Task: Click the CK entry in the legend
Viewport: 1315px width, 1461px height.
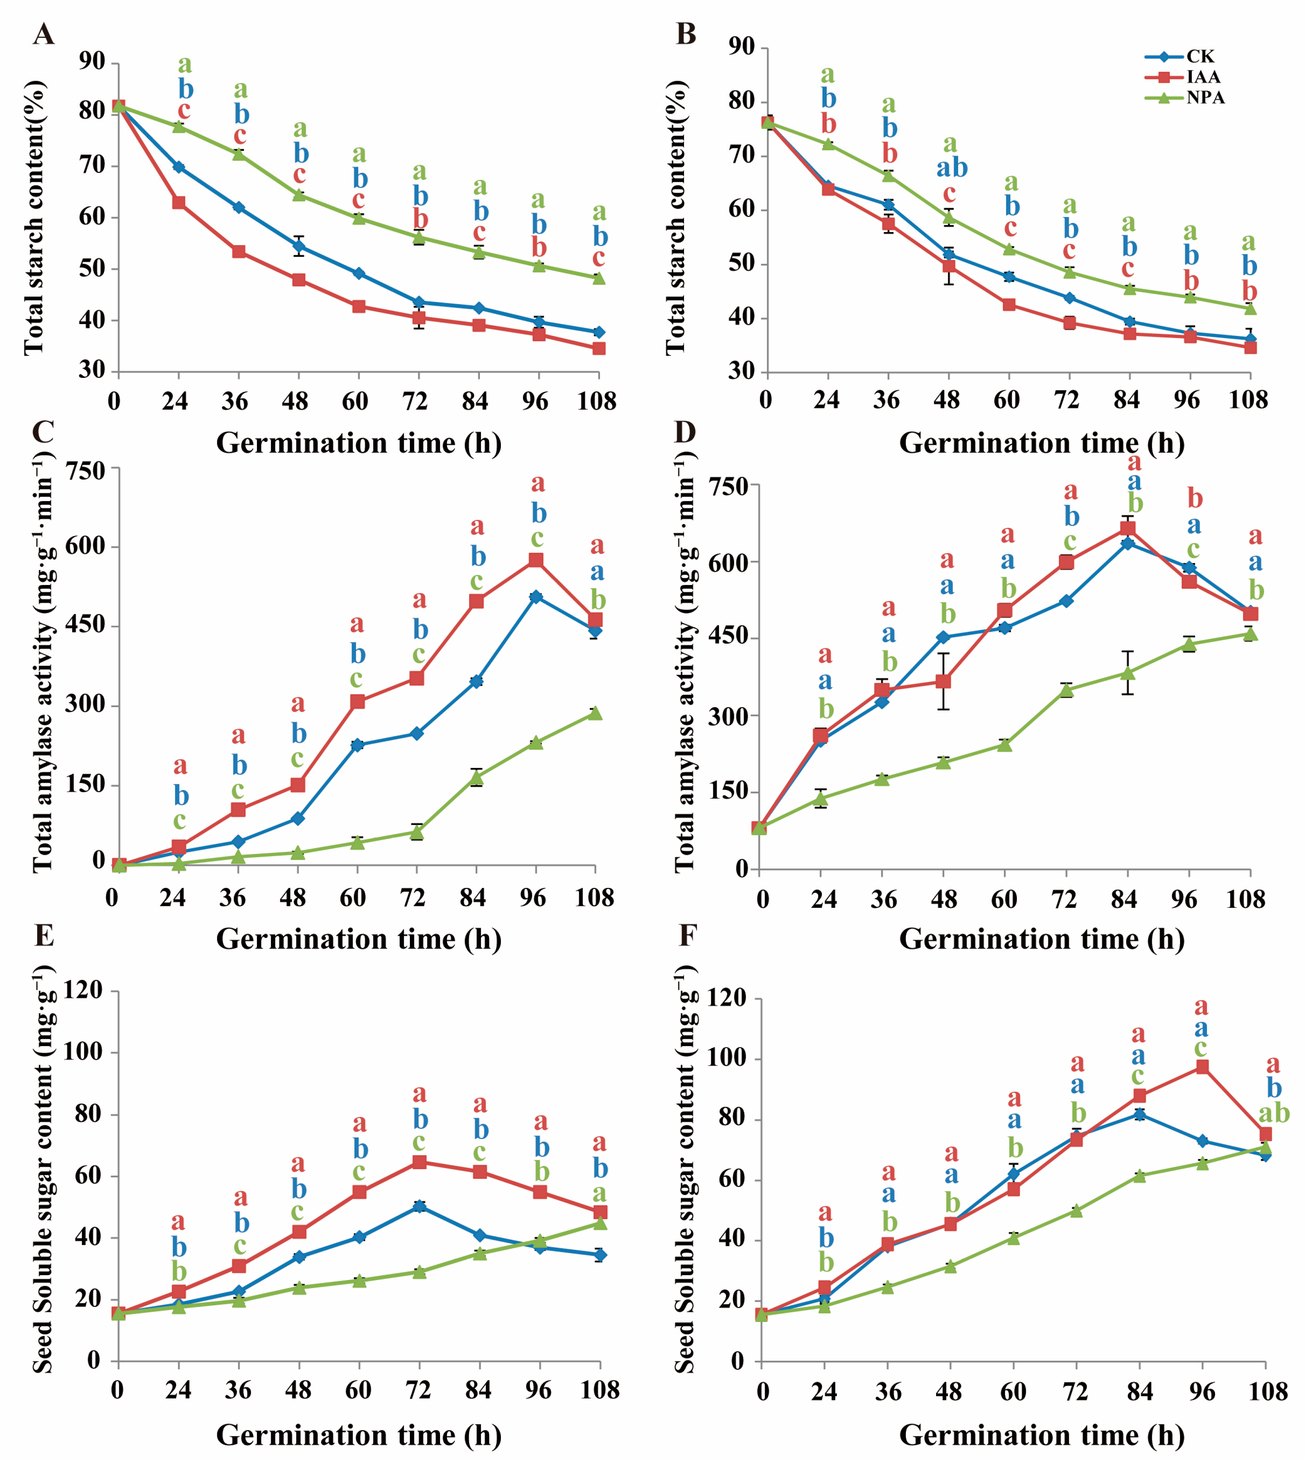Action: [x=1200, y=56]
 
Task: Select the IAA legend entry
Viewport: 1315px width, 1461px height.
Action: [x=1202, y=77]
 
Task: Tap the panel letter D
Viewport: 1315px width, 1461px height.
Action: [x=684, y=432]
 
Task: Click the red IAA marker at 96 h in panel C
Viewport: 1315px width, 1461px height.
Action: [x=536, y=560]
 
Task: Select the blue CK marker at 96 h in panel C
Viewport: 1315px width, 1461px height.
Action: [x=536, y=596]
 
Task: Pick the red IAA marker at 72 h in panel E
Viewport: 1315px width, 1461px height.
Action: [x=419, y=1161]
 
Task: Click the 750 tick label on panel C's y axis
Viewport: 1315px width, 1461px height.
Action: [x=85, y=471]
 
